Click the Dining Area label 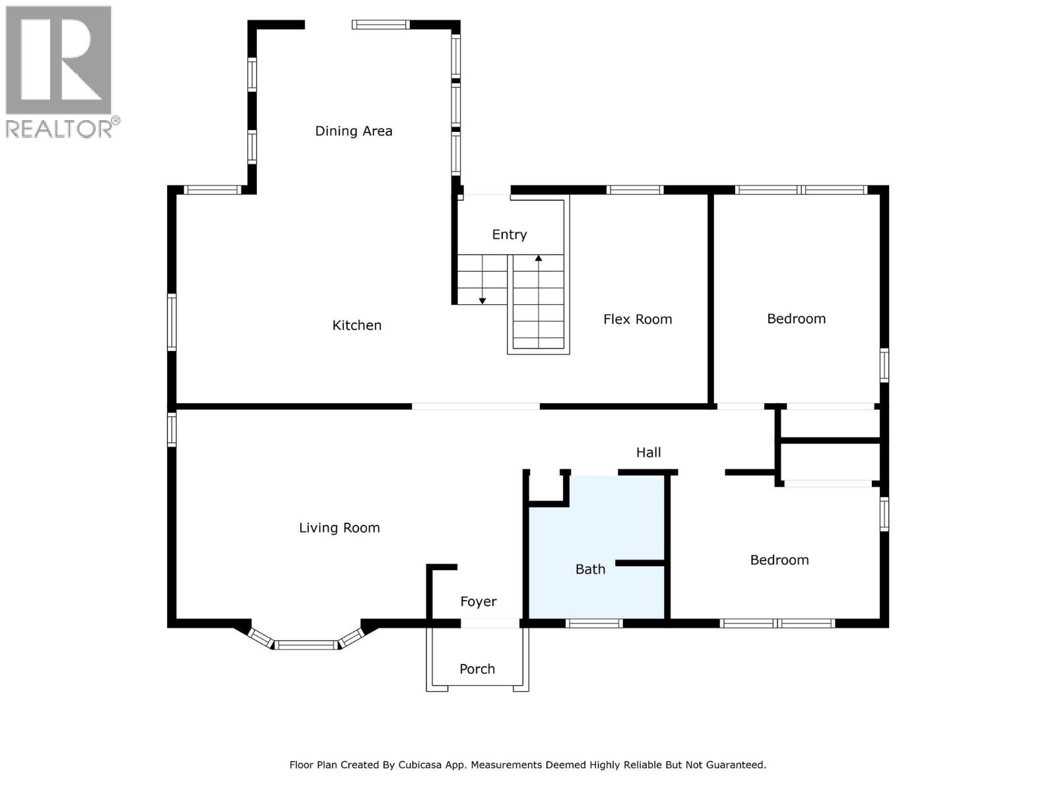coord(353,131)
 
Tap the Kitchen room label coord(356,325)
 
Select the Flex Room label coord(637,319)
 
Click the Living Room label coord(339,527)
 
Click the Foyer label coord(478,601)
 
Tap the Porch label coord(477,669)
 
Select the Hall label coord(648,452)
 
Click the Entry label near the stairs coord(509,234)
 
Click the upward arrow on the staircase coord(539,259)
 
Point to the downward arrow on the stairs coord(482,300)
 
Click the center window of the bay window coord(306,645)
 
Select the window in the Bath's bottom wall coord(594,623)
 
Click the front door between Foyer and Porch coord(490,623)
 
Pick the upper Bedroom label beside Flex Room coord(796,319)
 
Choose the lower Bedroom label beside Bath coord(779,560)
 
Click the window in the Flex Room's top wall coord(634,190)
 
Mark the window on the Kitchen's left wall coord(172,321)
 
